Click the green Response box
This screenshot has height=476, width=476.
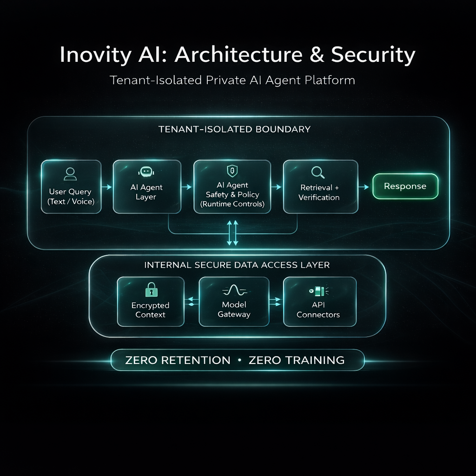pos(405,186)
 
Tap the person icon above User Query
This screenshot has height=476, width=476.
pos(71,174)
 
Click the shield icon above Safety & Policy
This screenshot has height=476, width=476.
pos(232,170)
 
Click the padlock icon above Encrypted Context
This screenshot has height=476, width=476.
pos(151,291)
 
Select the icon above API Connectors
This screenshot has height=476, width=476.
pos(318,291)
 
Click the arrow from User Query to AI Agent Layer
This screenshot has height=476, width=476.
pos(107,187)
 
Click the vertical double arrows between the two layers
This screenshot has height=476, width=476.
pos(232,233)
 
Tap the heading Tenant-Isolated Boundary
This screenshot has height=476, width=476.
pos(234,129)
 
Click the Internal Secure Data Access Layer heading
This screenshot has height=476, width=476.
pos(237,265)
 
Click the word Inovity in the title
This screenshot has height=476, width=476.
pos(95,55)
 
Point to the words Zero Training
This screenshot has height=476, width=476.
pos(297,360)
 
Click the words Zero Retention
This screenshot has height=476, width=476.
pos(178,360)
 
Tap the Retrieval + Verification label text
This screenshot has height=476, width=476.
pos(319,192)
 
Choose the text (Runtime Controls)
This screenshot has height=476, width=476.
pos(232,204)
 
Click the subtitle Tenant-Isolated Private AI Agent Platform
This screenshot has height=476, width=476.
pos(232,80)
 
